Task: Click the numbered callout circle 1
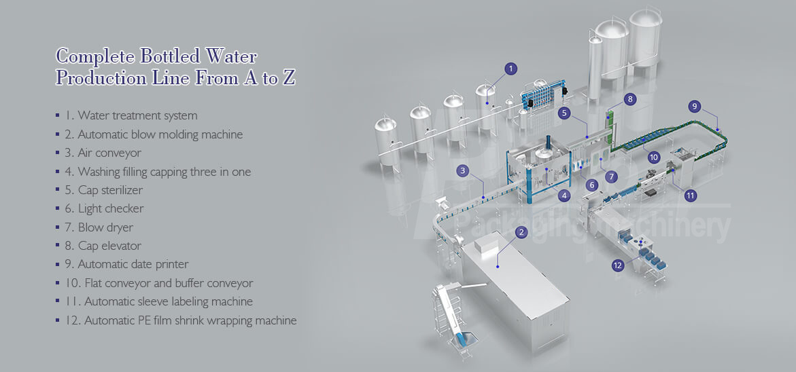pyautogui.click(x=511, y=69)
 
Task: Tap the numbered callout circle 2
pyautogui.click(x=521, y=232)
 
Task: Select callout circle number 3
pyautogui.click(x=463, y=171)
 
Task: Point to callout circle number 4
pyautogui.click(x=564, y=196)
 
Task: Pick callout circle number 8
pyautogui.click(x=631, y=99)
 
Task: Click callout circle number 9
pyautogui.click(x=694, y=107)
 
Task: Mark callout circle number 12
pyautogui.click(x=618, y=265)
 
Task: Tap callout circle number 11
pyautogui.click(x=691, y=196)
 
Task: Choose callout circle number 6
pyautogui.click(x=592, y=185)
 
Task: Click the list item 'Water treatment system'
pyautogui.click(x=137, y=116)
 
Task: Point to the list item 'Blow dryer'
pyautogui.click(x=105, y=227)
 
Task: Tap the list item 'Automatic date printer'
pyautogui.click(x=133, y=264)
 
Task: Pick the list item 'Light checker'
pyautogui.click(x=111, y=208)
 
